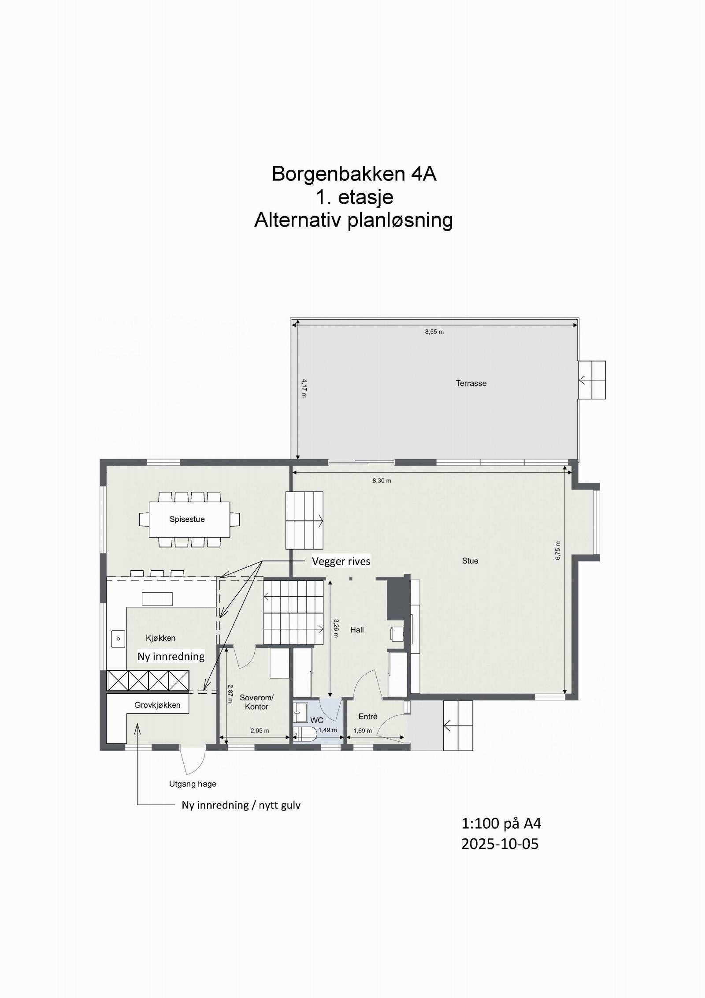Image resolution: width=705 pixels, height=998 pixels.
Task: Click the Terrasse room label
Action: [471, 383]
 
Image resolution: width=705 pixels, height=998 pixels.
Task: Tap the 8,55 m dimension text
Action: [434, 332]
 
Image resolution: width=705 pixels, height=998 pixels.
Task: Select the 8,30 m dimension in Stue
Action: [382, 481]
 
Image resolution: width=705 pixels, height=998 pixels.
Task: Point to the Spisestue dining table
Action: [189, 519]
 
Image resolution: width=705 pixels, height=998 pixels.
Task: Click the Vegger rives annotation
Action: [341, 561]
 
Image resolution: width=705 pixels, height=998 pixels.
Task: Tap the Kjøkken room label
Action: [160, 638]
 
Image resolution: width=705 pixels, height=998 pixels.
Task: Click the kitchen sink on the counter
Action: [118, 639]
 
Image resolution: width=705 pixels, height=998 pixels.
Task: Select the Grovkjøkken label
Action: [157, 705]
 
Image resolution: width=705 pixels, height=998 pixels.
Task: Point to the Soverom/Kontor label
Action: [256, 702]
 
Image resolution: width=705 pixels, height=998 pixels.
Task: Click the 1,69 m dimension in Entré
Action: [362, 731]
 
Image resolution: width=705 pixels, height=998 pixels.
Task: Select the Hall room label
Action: [357, 630]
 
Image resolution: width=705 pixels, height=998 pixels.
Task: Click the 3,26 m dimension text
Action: [336, 628]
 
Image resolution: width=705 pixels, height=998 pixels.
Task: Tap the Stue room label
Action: [470, 561]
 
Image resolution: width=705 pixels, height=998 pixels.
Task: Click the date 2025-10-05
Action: [500, 844]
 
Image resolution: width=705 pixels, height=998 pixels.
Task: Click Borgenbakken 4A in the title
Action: [353, 174]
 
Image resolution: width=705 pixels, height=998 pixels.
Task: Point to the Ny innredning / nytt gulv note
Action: [241, 805]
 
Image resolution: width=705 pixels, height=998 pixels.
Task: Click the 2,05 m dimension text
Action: [260, 731]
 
